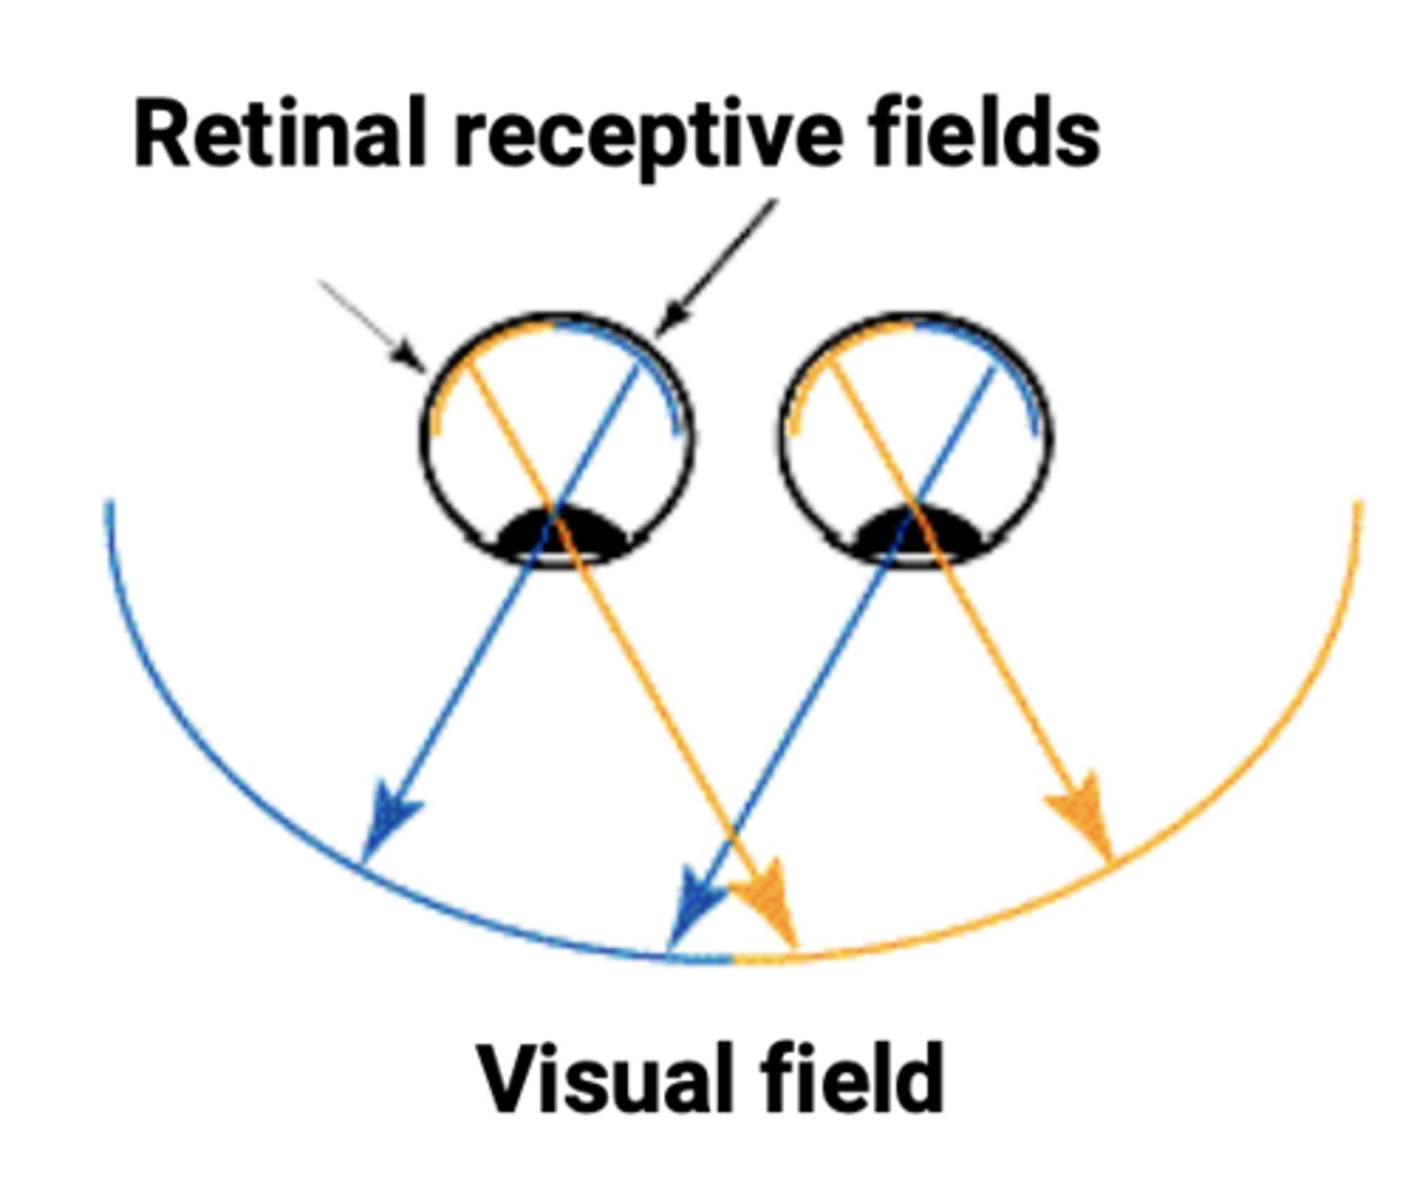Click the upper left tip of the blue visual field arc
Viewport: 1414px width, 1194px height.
click(x=109, y=507)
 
